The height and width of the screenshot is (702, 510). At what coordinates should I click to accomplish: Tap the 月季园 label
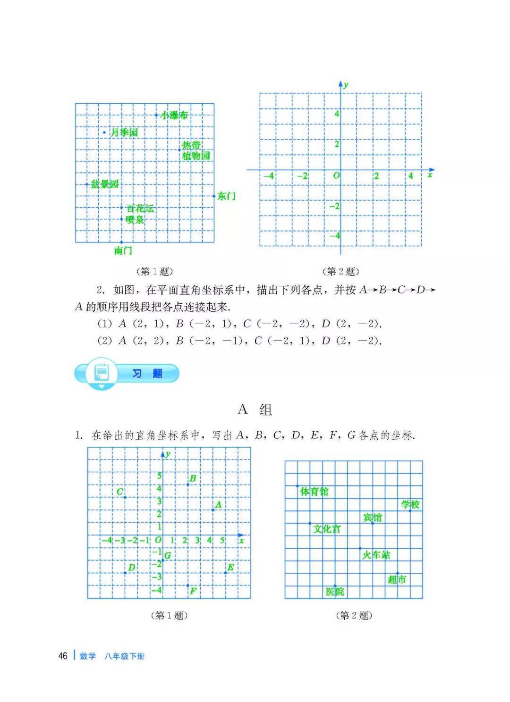pos(124,133)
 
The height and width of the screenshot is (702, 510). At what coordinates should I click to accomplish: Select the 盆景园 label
pos(104,184)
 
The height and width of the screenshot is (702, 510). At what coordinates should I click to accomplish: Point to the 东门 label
pos(226,196)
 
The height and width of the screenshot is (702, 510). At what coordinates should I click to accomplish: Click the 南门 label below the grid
pos(123,251)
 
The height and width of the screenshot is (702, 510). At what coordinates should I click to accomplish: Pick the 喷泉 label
pos(135,220)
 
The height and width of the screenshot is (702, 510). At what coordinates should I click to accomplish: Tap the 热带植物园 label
pos(195,150)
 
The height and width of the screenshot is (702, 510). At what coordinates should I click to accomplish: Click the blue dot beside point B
pos(188,485)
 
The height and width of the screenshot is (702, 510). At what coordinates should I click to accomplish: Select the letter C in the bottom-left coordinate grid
pos(120,492)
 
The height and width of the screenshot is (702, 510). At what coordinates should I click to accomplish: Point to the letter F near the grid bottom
pos(193,591)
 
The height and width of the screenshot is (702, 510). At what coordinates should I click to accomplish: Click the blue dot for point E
pos(225,573)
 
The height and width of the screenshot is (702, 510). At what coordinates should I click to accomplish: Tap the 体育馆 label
pos(314,492)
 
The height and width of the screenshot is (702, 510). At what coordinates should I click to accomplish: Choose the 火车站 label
pos(376,555)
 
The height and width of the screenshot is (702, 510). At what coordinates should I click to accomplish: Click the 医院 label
pos(335,592)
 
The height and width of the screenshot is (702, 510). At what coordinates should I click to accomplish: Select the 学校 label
pos(410,504)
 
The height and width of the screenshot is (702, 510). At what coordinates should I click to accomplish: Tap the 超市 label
pos(397,579)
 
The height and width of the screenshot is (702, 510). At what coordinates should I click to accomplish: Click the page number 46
pos(63,656)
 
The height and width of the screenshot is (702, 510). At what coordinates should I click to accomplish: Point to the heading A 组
pos(255,409)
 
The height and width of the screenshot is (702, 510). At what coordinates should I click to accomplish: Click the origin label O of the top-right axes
pos(336,175)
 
